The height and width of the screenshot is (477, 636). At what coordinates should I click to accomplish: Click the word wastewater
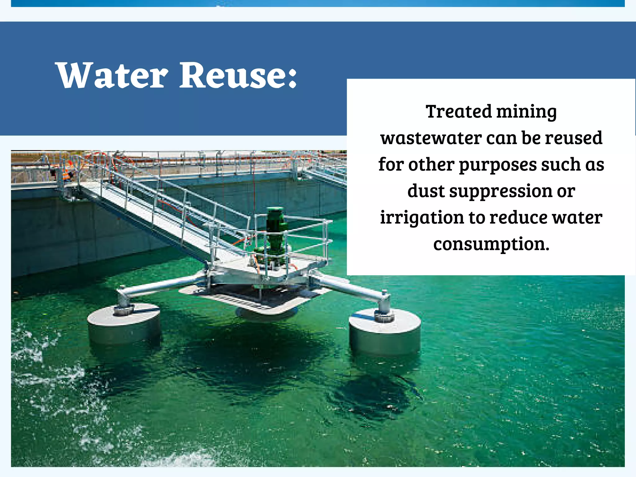tap(431, 138)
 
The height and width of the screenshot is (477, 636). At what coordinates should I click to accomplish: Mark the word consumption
tap(491, 244)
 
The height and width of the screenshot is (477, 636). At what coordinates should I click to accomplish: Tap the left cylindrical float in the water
tap(124, 323)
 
